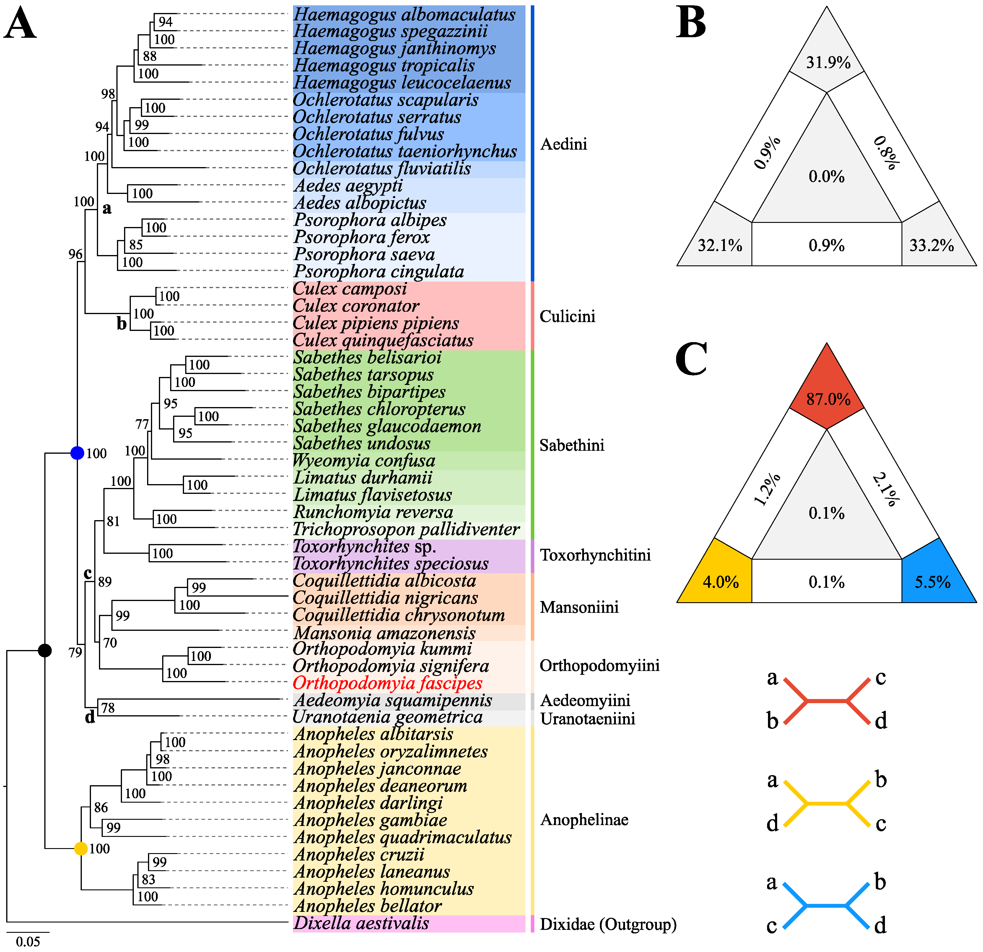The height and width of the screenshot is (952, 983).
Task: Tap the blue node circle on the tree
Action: point(77,453)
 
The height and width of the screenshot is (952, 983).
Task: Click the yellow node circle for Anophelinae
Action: point(81,849)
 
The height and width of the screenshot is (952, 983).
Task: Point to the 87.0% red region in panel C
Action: point(828,399)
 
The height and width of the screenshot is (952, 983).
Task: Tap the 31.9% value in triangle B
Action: point(828,63)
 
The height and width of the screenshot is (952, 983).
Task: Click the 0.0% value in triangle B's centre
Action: point(826,177)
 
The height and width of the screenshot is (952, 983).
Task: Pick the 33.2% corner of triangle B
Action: point(931,245)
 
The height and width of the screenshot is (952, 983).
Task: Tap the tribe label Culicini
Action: point(567,316)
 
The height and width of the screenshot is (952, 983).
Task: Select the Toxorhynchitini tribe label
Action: point(595,555)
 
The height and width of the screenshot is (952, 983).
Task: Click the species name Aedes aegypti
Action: point(348,185)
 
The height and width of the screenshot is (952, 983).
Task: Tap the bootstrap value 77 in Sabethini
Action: point(142,424)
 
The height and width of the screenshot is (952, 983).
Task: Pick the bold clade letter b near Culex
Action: point(121,324)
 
